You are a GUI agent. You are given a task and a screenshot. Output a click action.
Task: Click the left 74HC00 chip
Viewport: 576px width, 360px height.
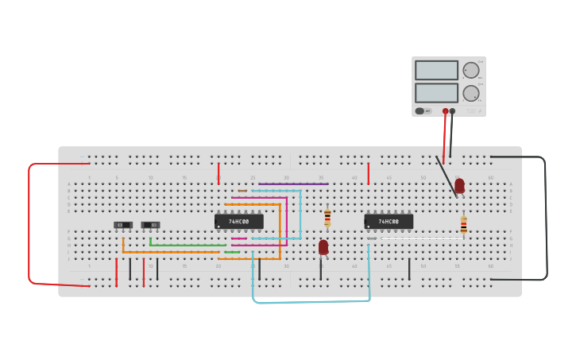tap(238, 221)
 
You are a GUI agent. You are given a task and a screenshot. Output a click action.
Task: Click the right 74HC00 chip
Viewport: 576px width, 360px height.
tap(389, 222)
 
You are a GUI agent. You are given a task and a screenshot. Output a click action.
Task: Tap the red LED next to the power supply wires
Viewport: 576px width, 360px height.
tap(459, 186)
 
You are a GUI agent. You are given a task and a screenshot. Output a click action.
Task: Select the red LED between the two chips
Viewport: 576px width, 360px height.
tap(323, 247)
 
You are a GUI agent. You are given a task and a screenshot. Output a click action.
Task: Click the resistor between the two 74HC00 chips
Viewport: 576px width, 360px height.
tap(327, 217)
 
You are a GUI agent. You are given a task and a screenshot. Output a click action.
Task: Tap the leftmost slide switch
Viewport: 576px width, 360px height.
tap(122, 225)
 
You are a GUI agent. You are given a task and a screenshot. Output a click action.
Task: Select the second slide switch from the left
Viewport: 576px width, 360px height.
tap(150, 225)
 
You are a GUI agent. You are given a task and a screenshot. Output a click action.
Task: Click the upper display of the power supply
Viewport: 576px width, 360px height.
tap(436, 70)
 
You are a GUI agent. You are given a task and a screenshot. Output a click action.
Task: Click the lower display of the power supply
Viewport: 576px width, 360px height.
tap(436, 93)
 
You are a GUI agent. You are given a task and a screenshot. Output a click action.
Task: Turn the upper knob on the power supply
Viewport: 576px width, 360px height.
tap(471, 70)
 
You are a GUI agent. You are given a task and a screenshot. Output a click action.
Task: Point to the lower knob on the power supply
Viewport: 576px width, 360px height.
tap(471, 93)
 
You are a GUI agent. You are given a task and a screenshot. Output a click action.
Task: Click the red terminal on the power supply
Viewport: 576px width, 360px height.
tap(445, 111)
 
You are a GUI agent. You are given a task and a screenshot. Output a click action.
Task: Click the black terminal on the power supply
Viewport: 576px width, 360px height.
tap(453, 111)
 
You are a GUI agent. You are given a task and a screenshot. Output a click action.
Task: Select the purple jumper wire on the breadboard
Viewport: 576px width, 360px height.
tap(293, 184)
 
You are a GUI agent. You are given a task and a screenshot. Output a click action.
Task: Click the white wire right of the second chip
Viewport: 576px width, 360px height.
tap(421, 238)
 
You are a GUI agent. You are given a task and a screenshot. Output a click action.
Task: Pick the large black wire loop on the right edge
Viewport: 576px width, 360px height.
tap(546, 219)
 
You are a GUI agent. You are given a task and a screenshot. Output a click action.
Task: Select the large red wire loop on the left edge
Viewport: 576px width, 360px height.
tap(29, 223)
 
